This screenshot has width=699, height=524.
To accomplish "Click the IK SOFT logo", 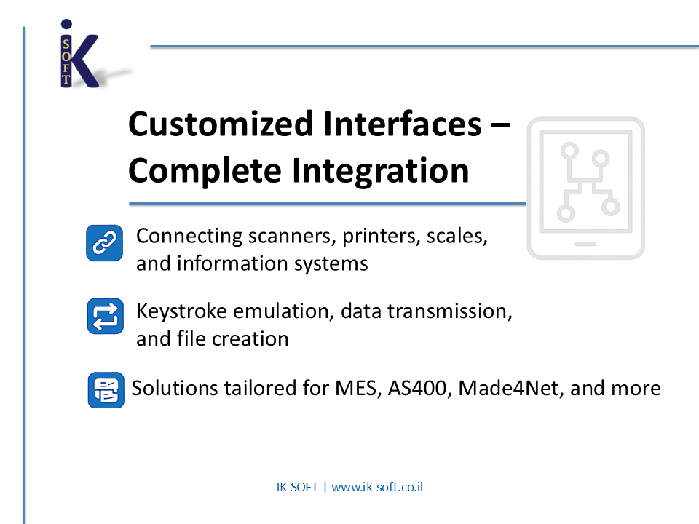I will click(x=79, y=55).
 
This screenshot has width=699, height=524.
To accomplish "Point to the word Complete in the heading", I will click(x=204, y=170).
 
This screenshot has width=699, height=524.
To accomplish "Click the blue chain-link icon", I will click(x=105, y=243).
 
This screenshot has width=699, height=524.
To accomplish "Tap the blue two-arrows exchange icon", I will click(x=105, y=317).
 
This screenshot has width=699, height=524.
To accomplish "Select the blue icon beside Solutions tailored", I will click(x=106, y=389).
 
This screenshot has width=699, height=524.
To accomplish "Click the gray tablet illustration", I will click(x=585, y=188).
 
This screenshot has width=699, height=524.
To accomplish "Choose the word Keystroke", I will click(x=182, y=311).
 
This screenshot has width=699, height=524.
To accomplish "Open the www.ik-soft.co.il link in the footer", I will click(x=377, y=487).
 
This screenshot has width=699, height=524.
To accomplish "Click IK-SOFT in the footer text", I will click(x=297, y=487).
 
